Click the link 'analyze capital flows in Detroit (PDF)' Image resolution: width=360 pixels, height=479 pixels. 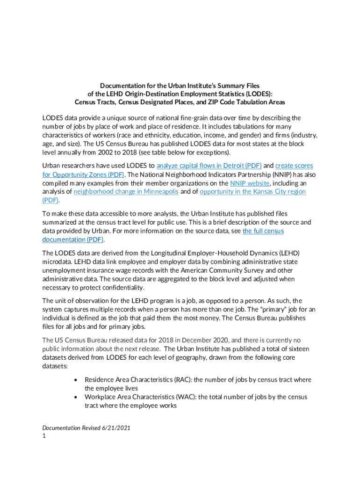209,166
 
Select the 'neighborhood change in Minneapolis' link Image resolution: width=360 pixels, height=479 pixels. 126,191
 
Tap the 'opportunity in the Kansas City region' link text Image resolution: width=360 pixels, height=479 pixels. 252,191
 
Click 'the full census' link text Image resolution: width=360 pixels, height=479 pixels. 263,231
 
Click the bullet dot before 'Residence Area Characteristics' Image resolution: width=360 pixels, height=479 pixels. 75,380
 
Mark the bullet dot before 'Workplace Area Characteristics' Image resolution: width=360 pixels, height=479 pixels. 75,397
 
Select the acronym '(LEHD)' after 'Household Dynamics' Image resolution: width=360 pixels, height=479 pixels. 287,253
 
